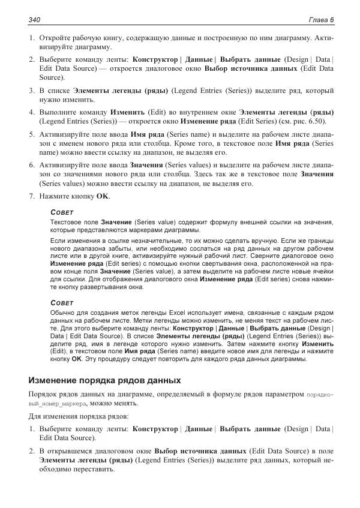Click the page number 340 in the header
34,20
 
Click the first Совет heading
62,212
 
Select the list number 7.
31,197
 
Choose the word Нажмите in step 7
58,197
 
